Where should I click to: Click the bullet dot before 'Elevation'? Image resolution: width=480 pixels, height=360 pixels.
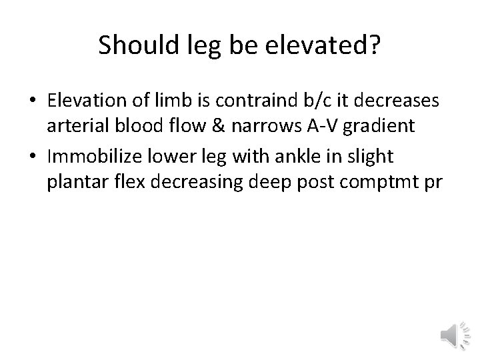[33, 101]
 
